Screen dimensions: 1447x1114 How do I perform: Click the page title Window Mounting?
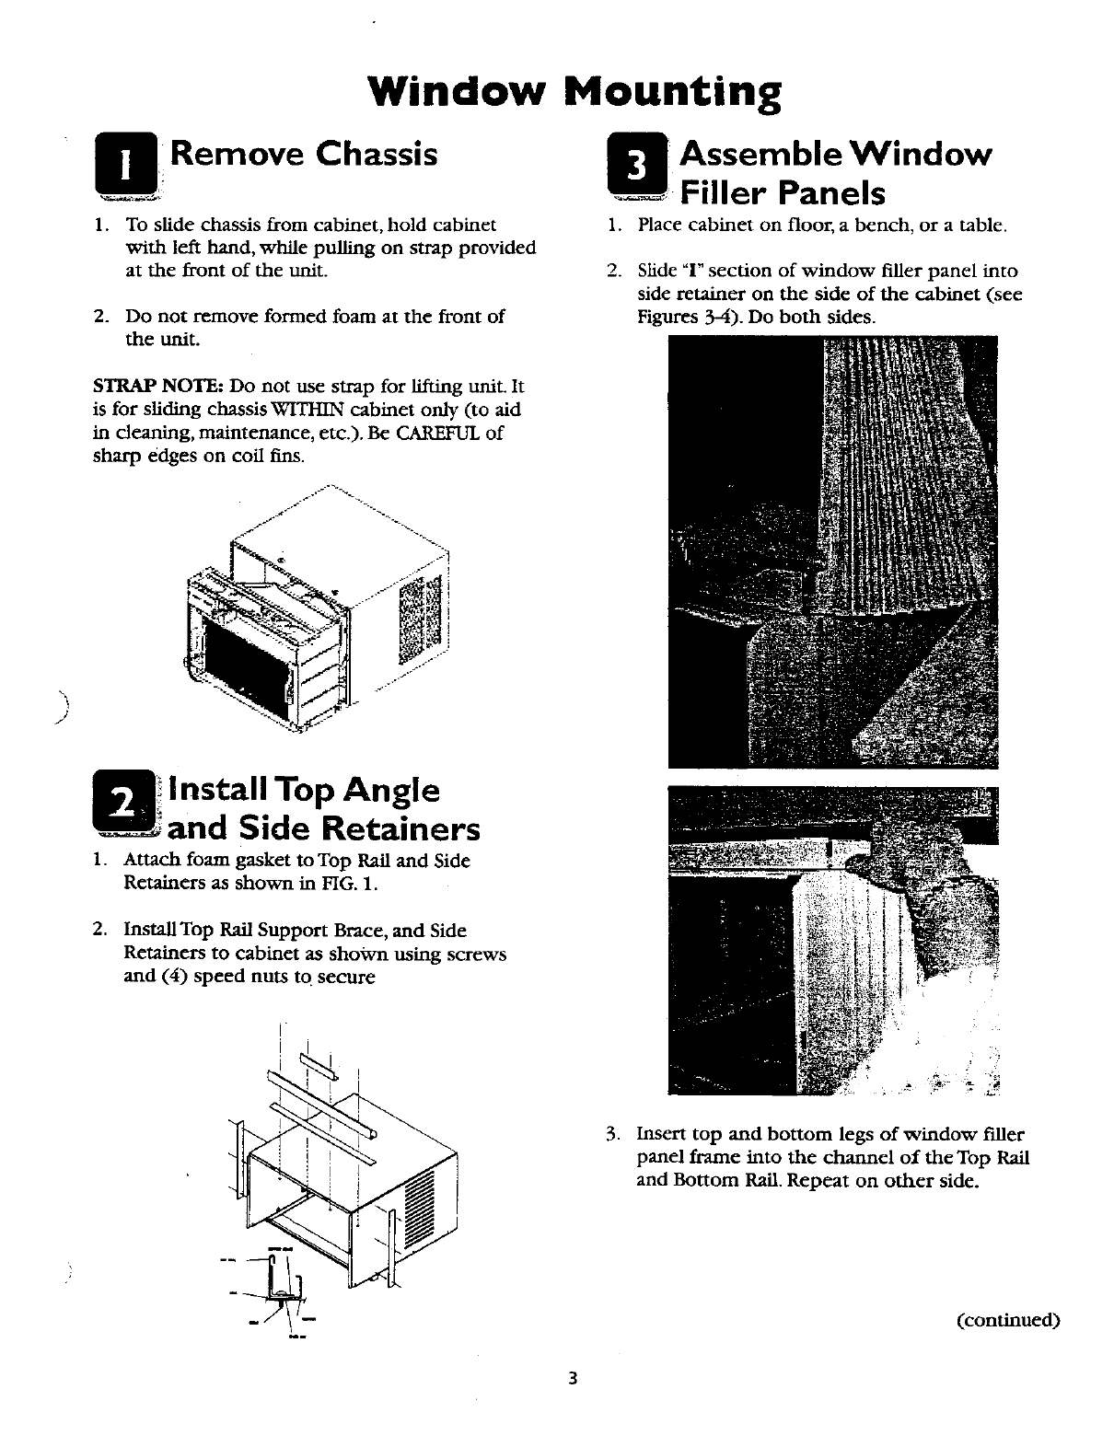[574, 92]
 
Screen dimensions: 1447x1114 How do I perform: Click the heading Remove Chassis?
[305, 154]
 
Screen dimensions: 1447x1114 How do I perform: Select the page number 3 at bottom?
[572, 1378]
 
